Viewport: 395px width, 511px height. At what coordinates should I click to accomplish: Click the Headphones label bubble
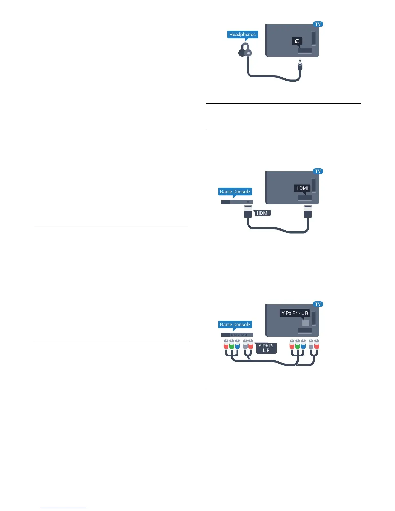(242, 35)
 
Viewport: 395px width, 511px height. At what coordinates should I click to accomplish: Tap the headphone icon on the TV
(297, 41)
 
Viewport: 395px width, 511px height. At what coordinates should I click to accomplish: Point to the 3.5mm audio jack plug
(300, 66)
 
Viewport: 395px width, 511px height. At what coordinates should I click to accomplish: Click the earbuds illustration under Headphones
(245, 52)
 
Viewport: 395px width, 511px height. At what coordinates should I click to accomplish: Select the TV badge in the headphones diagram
(318, 24)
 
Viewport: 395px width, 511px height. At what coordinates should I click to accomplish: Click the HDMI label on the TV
(302, 188)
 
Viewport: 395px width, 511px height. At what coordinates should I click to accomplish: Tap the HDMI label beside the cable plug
(262, 213)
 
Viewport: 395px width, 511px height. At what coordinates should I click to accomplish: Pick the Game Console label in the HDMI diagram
(235, 192)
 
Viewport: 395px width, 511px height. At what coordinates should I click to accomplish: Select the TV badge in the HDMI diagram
(318, 171)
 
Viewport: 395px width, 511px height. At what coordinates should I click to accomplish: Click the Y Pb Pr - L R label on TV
(295, 313)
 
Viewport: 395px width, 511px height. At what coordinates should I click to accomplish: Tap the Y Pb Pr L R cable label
(266, 348)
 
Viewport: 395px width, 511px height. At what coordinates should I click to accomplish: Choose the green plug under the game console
(232, 345)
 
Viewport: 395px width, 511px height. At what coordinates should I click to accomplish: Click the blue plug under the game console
(237, 345)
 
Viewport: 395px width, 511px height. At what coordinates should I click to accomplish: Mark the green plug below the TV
(298, 345)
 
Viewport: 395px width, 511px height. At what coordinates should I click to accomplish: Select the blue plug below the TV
(303, 345)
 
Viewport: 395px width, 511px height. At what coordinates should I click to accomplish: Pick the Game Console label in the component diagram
(235, 325)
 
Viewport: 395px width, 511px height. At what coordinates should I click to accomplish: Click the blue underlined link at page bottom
(64, 508)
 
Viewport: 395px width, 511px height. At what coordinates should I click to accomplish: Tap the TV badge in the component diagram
(318, 304)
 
